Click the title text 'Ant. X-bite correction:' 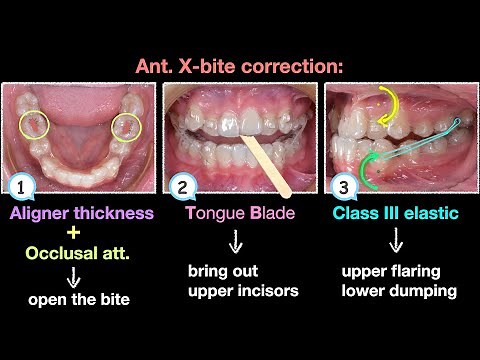(x=239, y=67)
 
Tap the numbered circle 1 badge (x=17, y=187)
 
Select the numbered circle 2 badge (x=182, y=187)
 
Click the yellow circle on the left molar (x=37, y=125)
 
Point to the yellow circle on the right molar (x=127, y=126)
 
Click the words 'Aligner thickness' (x=80, y=213)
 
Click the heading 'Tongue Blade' (x=239, y=213)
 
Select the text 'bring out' (x=221, y=271)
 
